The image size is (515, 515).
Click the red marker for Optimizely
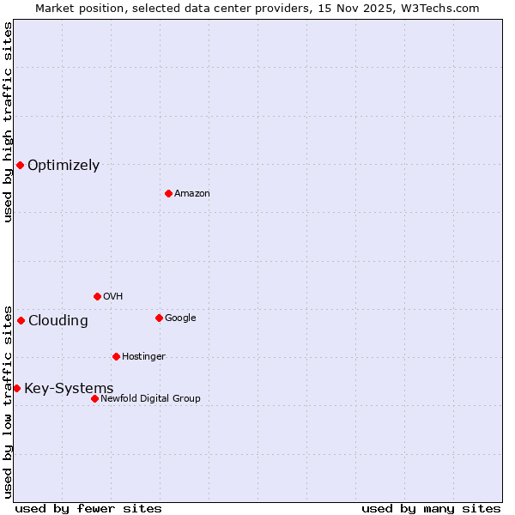20,165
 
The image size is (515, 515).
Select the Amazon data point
168,193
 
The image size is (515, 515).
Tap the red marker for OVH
97,296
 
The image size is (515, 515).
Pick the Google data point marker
159,318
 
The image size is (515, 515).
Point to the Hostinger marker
116,356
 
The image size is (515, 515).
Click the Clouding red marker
21,320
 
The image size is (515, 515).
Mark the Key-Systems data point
16,388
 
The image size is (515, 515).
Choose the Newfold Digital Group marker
94,398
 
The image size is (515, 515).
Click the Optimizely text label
64,166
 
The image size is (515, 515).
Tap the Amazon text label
192,194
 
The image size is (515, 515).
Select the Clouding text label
58,321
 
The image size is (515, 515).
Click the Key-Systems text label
69,389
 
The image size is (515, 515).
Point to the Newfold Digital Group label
150,398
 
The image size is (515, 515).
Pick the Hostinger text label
143,357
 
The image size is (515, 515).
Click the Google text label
180,318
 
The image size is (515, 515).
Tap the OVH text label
112,297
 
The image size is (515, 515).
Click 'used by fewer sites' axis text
88,508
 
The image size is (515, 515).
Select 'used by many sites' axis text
431,508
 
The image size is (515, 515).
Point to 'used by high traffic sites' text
8,122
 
